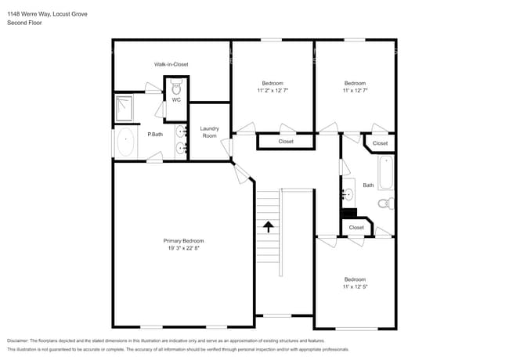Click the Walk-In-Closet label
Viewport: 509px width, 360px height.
point(171,64)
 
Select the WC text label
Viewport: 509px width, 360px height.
point(176,100)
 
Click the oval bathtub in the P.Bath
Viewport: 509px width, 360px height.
point(125,143)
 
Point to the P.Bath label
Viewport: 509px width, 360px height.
point(155,135)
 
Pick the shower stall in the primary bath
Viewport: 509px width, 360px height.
point(125,109)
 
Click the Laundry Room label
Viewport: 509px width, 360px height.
point(209,132)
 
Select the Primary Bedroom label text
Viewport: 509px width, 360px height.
point(183,240)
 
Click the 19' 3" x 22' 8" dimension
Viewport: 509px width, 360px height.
point(183,248)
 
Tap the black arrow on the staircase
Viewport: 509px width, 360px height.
point(269,227)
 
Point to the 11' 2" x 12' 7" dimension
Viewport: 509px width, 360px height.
point(272,91)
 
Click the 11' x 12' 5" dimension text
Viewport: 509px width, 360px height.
point(355,287)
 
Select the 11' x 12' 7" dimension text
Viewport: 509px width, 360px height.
point(355,91)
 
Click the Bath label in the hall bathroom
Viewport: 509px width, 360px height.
point(368,185)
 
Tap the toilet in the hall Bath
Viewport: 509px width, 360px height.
point(384,203)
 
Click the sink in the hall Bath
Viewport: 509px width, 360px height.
point(348,193)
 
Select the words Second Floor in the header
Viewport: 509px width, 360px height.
point(24,23)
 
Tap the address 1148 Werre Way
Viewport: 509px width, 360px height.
point(32,13)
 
